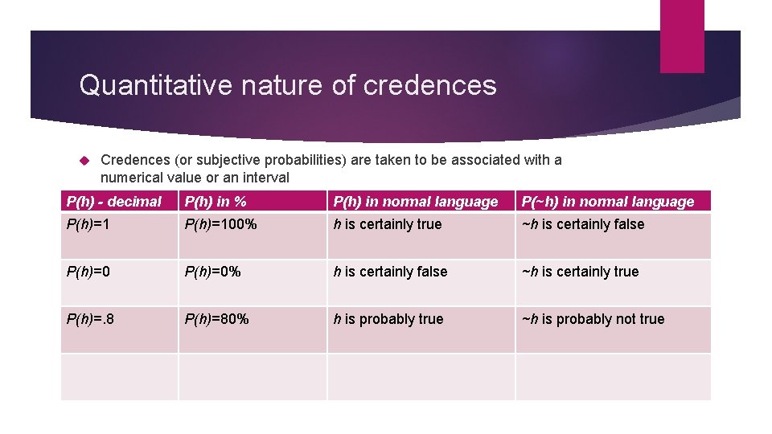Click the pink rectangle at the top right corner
[x=681, y=36]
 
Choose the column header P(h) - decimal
[x=114, y=202]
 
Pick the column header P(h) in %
[x=216, y=202]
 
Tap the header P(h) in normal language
[x=416, y=202]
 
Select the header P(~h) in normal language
[x=608, y=202]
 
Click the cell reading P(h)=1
[x=88, y=225]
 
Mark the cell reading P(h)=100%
[x=221, y=225]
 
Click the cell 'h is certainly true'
[x=388, y=225]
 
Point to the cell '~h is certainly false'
[x=583, y=225]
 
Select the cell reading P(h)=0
[x=88, y=272]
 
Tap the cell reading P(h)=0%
[x=214, y=272]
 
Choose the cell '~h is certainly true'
[x=581, y=272]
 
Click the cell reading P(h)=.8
[x=92, y=320]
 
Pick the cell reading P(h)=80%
[x=217, y=320]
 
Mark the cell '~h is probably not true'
[x=593, y=320]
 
